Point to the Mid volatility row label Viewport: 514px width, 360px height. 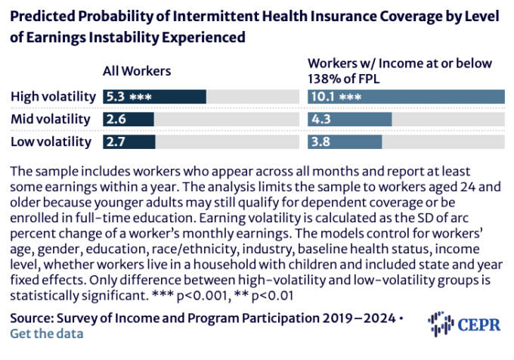coord(51,119)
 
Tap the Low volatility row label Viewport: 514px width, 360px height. coord(51,141)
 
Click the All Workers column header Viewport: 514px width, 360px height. coord(138,71)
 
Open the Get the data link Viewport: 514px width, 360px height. coord(47,333)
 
